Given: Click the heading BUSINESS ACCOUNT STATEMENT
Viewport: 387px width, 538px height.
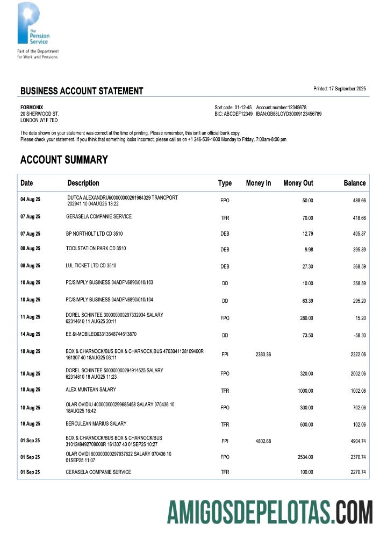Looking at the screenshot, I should pyautogui.click(x=82, y=91).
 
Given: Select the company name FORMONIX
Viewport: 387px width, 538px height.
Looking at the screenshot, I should pyautogui.click(x=32, y=108).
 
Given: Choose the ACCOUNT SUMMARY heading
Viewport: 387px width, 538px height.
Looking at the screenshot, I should pyautogui.click(x=64, y=160).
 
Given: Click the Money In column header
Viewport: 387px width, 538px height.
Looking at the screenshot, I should pyautogui.click(x=258, y=183).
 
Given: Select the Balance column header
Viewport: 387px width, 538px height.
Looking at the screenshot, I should pyautogui.click(x=354, y=183).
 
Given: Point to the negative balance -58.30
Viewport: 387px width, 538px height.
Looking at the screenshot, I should pyautogui.click(x=359, y=335).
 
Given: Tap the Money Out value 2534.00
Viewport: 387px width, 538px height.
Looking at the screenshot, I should pyautogui.click(x=305, y=457).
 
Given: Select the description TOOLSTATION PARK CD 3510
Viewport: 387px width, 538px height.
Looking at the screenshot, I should pyautogui.click(x=96, y=249).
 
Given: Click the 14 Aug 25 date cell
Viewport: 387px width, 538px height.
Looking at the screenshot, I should pyautogui.click(x=30, y=334).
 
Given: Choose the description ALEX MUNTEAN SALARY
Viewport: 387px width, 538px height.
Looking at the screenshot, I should pyautogui.click(x=91, y=390).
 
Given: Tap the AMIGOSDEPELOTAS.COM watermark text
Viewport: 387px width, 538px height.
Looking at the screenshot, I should pyautogui.click(x=269, y=512).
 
